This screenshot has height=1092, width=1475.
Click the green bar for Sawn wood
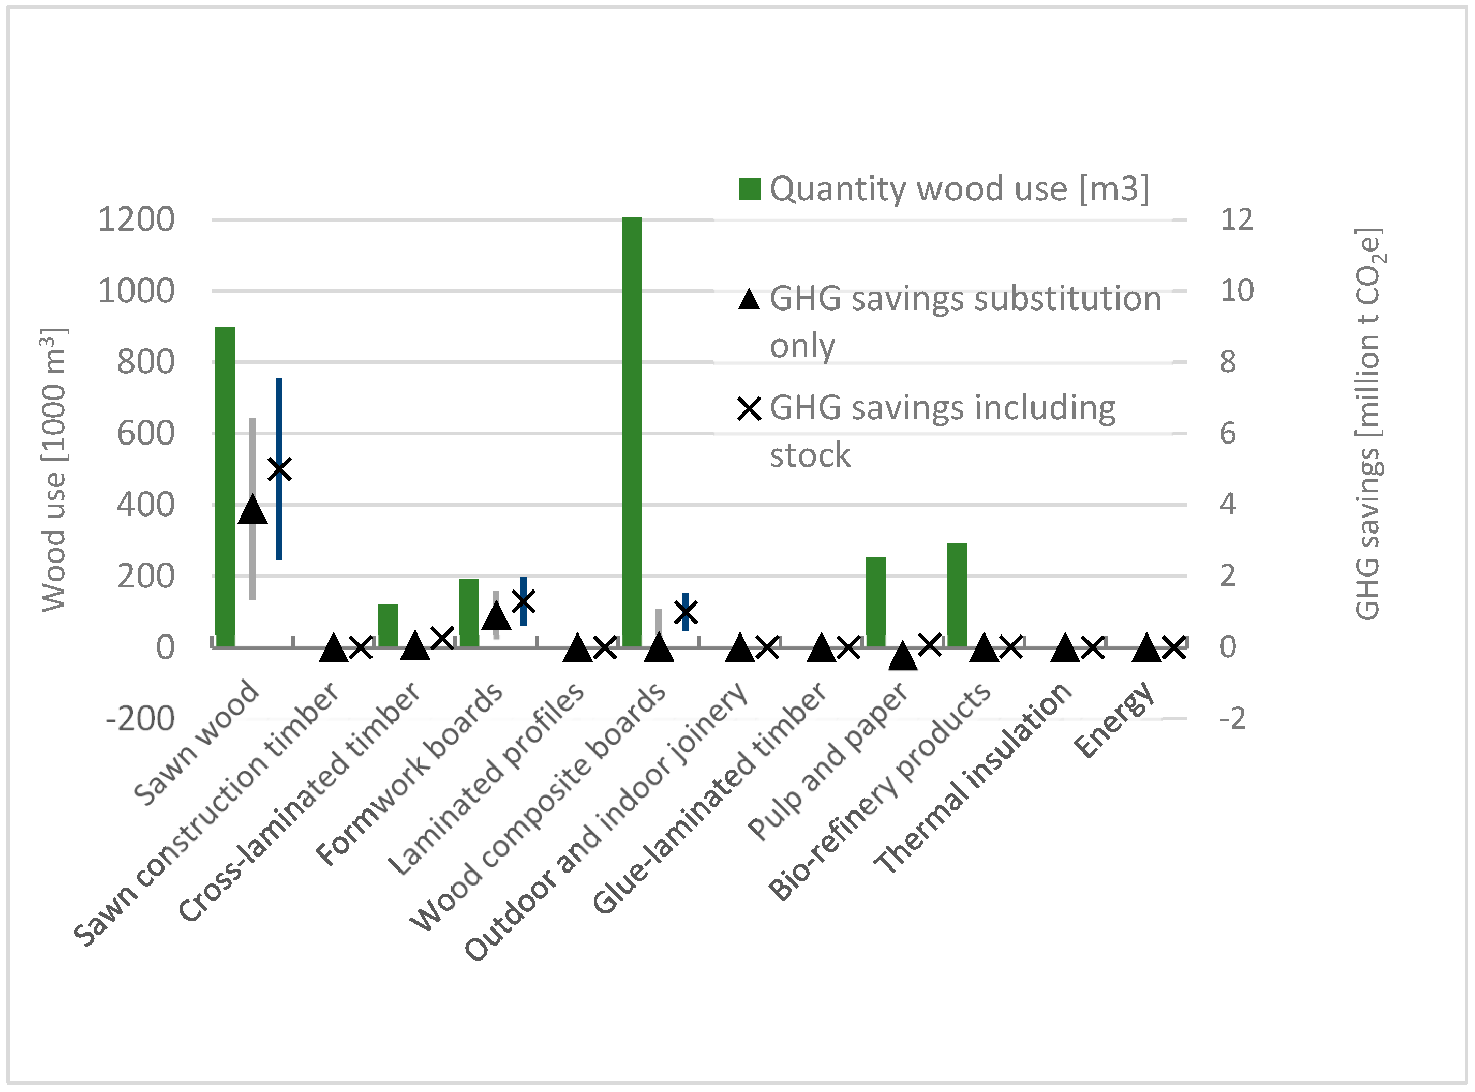pos(226,486)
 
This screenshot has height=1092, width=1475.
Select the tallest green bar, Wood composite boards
pos(632,432)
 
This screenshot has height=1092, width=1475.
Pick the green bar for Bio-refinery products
pos(957,595)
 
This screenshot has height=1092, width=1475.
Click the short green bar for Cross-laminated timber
pos(388,625)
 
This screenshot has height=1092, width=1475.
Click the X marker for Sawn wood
pos(279,469)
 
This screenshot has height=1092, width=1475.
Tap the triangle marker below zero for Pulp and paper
pos(903,656)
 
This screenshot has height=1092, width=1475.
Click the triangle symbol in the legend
pos(749,300)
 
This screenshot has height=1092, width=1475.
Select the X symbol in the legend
pos(749,408)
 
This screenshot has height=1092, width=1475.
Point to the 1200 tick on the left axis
pos(136,219)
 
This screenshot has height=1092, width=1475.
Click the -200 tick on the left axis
pos(140,718)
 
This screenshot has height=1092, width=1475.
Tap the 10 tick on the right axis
pos(1236,291)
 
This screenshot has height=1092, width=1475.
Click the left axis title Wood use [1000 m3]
pos(54,469)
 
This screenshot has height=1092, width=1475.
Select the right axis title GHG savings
pos(1368,423)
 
